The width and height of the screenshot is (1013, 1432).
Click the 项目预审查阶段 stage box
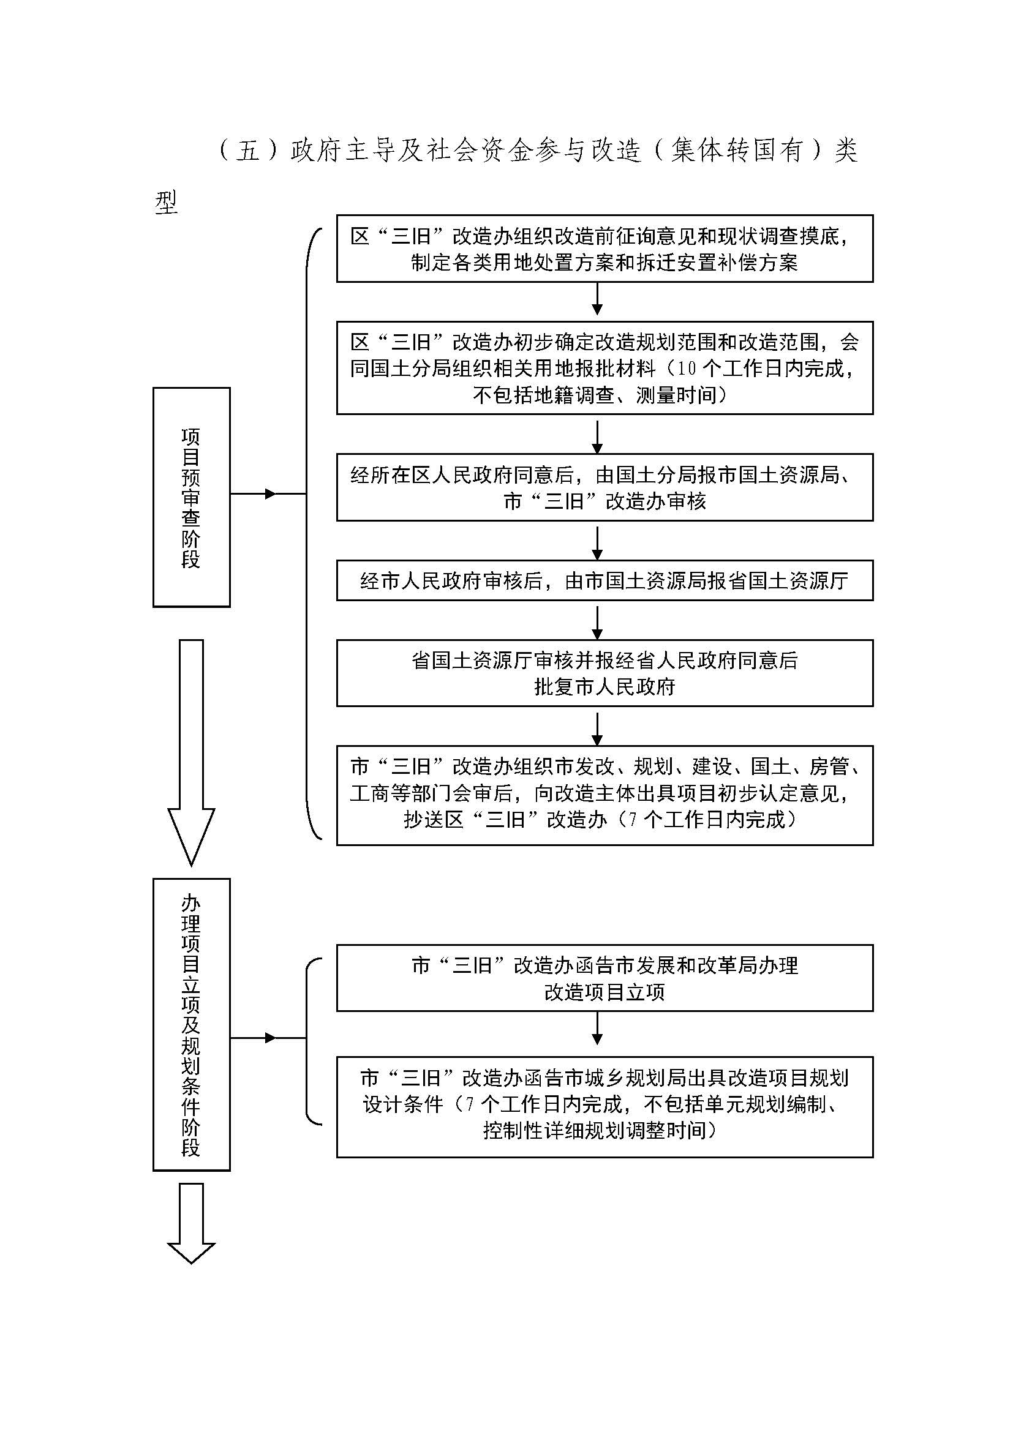pyautogui.click(x=192, y=497)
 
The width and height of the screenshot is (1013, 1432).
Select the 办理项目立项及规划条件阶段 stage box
pyautogui.click(x=192, y=1025)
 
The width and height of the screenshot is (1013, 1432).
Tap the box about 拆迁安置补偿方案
pyautogui.click(x=604, y=249)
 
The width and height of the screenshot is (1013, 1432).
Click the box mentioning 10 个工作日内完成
pyautogui.click(x=604, y=368)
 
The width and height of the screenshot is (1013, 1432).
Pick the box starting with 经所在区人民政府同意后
pyautogui.click(x=604, y=487)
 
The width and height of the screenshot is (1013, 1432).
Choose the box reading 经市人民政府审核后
pyautogui.click(x=604, y=580)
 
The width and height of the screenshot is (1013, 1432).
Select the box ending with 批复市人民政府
pyautogui.click(x=604, y=673)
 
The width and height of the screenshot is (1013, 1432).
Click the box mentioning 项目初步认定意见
pyautogui.click(x=604, y=795)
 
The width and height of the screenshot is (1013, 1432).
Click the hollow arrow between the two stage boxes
pyautogui.click(x=192, y=752)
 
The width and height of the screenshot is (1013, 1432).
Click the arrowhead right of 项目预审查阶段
pyautogui.click(x=270, y=494)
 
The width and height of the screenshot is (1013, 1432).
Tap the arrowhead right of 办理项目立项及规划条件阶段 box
pyautogui.click(x=270, y=1038)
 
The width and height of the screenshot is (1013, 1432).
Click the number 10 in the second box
pyautogui.click(x=686, y=369)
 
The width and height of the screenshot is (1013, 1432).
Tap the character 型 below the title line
pyautogui.click(x=167, y=203)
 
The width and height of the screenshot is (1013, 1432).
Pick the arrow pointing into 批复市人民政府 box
pyautogui.click(x=598, y=623)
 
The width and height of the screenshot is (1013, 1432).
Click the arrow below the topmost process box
pyautogui.click(x=598, y=299)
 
